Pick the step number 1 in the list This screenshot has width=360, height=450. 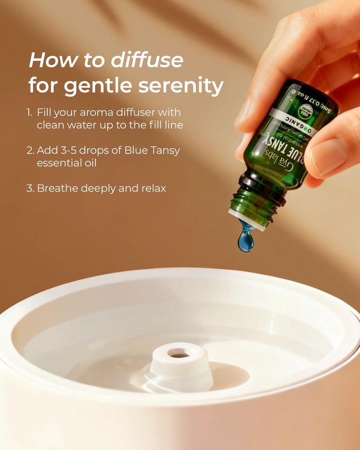tap(29, 112)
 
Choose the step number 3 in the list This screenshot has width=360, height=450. tap(30, 188)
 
